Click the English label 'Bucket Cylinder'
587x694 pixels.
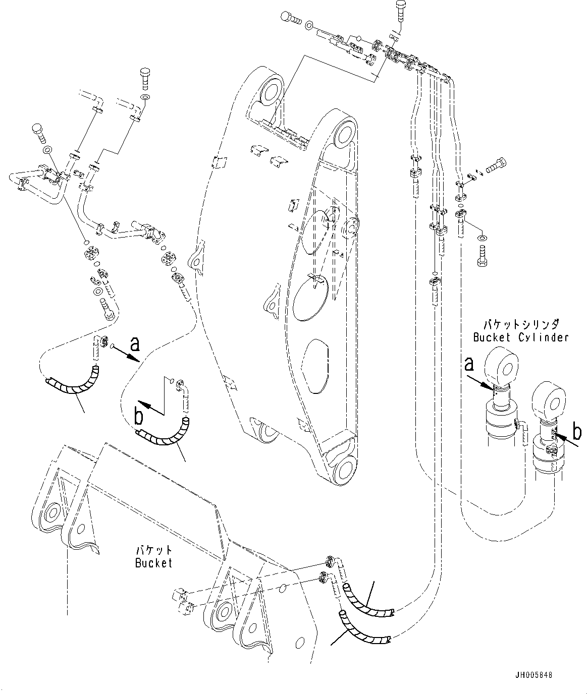(x=520, y=337)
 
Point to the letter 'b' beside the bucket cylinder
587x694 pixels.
(x=577, y=432)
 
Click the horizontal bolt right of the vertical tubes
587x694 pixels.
(x=497, y=164)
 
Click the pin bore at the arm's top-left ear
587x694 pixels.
(x=270, y=94)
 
